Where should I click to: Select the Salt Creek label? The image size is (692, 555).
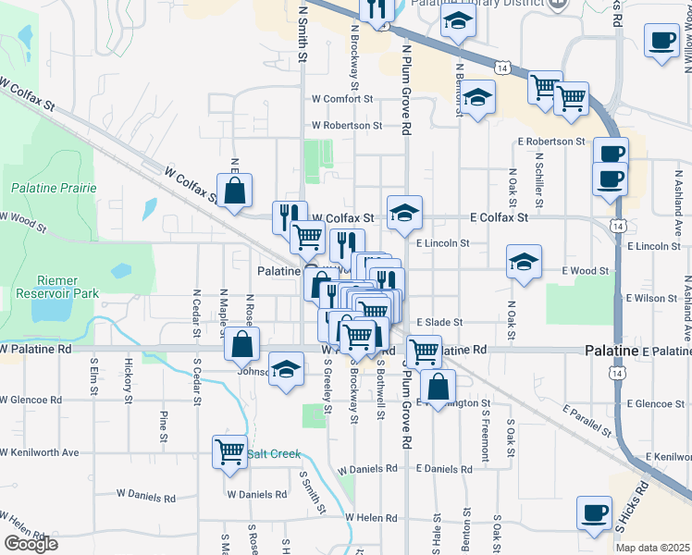275,454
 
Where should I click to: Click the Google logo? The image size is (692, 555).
31,544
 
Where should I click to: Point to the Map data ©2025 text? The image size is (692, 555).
652,548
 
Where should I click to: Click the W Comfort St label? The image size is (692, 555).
341,98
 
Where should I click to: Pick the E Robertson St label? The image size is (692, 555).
551,142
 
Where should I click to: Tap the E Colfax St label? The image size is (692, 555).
499,217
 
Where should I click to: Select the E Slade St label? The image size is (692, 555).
439,322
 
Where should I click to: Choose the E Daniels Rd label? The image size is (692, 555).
444,469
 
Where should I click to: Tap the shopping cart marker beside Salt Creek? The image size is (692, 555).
229,452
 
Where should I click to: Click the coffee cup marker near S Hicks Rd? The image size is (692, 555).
594,512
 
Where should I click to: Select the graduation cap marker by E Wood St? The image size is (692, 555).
524,262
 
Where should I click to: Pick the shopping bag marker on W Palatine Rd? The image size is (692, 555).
241,344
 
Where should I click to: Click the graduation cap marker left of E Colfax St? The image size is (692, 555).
404,213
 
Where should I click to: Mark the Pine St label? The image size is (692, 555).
163,425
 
